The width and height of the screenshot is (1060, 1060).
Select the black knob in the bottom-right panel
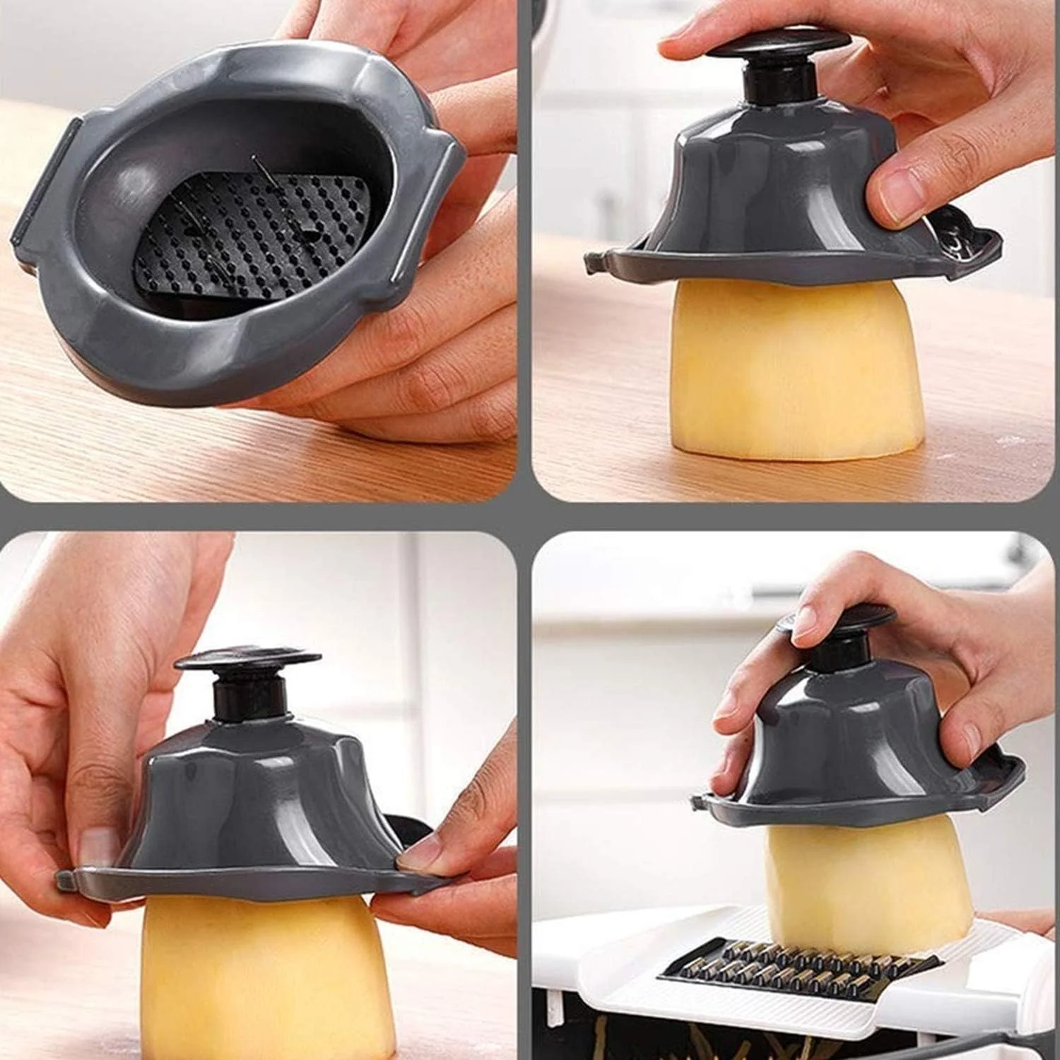pos(841,622)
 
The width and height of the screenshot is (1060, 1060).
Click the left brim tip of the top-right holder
pos(594,266)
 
